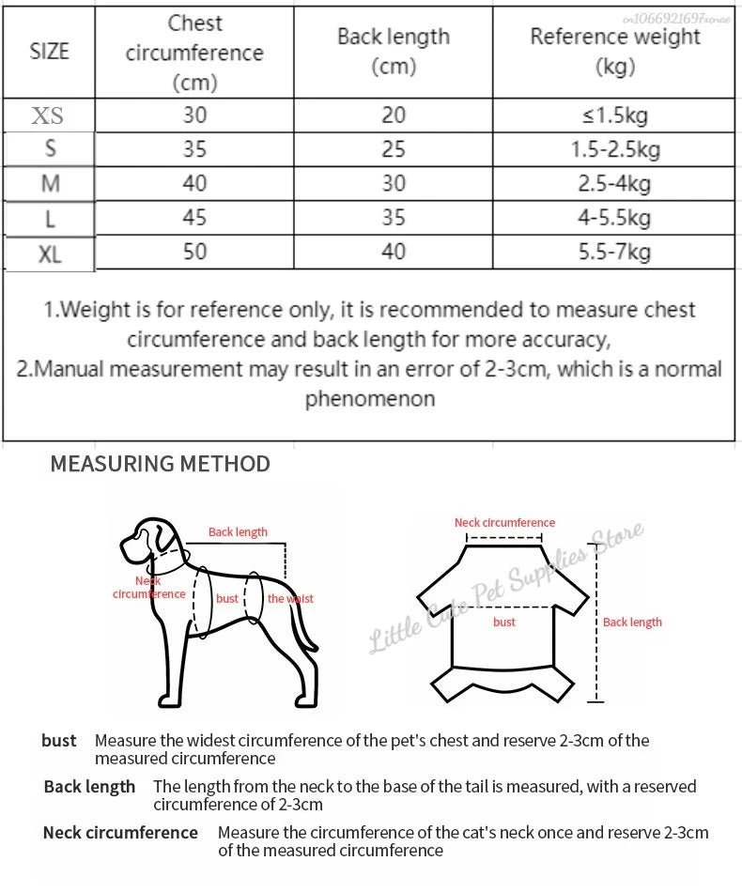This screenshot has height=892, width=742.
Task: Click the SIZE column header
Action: point(50,51)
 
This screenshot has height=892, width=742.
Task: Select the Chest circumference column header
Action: point(194,53)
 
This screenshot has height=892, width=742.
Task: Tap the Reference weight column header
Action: point(615,51)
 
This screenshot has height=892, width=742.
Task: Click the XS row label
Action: point(48,115)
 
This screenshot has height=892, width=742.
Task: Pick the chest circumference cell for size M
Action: point(194,182)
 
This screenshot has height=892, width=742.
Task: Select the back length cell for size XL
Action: point(394,251)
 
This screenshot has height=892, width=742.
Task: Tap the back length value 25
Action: point(394,148)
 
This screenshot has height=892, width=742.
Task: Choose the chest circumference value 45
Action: point(194,217)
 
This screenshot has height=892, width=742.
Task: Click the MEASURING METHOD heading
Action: point(160,463)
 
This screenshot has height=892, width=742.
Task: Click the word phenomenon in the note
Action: point(370,398)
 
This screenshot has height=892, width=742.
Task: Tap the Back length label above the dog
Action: point(238,531)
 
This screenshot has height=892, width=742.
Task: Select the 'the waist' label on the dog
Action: point(290,598)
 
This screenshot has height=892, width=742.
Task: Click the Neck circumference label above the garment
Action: point(504,522)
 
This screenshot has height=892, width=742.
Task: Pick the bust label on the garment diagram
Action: point(504,622)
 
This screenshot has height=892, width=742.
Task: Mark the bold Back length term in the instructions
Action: point(89,786)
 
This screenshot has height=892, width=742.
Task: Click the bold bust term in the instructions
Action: point(58,741)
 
